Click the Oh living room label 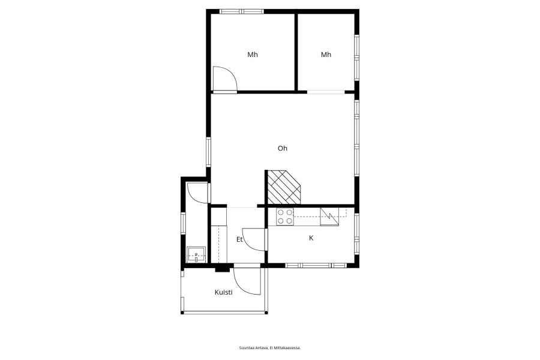click(283, 148)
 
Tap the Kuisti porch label click(224, 292)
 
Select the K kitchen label click(311, 238)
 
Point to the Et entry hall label click(239, 239)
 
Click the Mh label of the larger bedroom click(253, 55)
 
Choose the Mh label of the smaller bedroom click(326, 55)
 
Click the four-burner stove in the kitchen click(285, 217)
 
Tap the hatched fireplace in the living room click(284, 187)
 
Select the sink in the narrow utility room click(196, 254)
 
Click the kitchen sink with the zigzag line click(329, 217)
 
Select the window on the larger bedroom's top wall click(242, 11)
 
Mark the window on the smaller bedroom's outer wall click(357, 58)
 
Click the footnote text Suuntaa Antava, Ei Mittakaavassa click(270, 348)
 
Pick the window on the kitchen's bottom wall click(316, 265)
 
